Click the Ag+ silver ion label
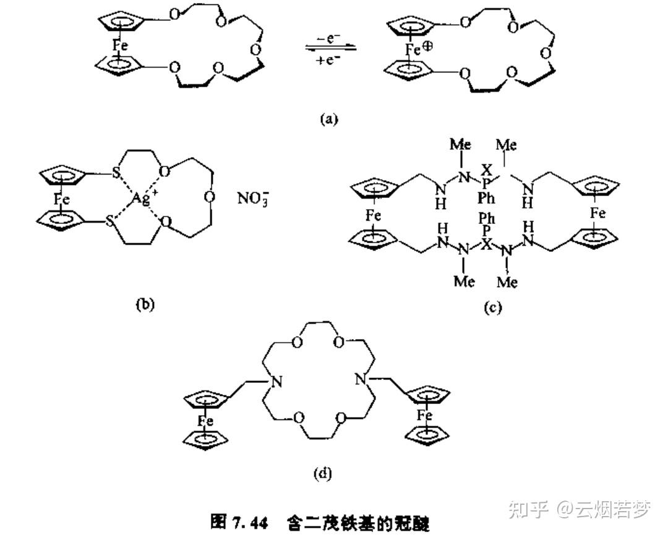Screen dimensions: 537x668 [x=143, y=199]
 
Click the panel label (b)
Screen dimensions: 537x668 [x=143, y=304]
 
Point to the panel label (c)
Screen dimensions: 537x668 [x=492, y=307]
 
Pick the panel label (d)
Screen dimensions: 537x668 [x=323, y=474]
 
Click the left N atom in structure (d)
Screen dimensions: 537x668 [x=276, y=382]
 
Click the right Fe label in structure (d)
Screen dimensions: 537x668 [x=424, y=415]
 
